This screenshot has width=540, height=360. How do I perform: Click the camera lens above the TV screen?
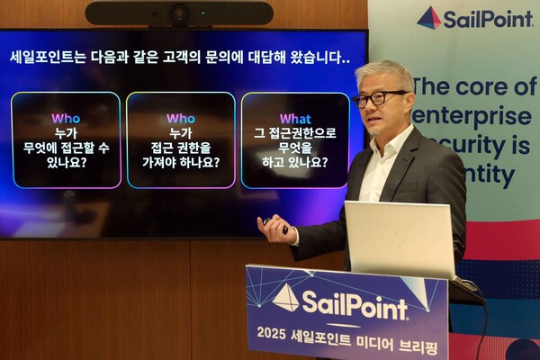click(x=179, y=13)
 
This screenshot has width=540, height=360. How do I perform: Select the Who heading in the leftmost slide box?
click(x=65, y=118)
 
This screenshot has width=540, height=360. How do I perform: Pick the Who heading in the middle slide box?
click(x=180, y=118)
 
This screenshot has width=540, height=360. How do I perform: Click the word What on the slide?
click(x=295, y=118)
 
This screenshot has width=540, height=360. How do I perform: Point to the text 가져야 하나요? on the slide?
click(x=180, y=163)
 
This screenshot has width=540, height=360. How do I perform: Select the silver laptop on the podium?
click(x=400, y=238)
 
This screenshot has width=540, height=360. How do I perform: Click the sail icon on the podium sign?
click(x=286, y=297)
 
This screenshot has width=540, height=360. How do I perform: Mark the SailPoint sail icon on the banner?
click(x=429, y=17)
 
